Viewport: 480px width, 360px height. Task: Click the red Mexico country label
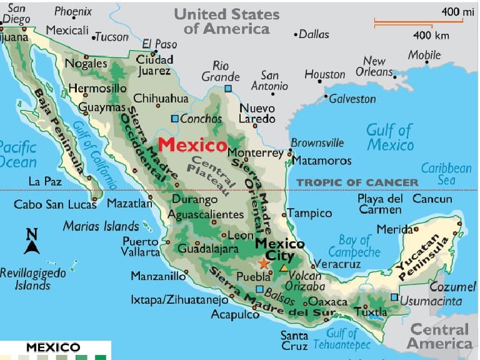pos(192,145)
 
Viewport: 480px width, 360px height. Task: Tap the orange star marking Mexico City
pos(263,264)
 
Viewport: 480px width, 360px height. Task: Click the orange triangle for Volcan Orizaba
pos(284,267)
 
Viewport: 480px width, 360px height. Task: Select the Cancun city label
pos(432,199)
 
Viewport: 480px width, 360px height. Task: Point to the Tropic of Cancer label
pos(357,182)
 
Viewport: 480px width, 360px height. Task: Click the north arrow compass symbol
pos(31,242)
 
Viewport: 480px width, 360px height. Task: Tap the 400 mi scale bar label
pos(458,11)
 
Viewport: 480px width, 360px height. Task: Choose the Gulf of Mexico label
pos(389,137)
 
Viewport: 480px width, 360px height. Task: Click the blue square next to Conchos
pos(175,119)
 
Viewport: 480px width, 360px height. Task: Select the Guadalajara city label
pos(208,248)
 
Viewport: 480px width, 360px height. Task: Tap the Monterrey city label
pos(255,152)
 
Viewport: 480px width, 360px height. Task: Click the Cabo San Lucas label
pos(55,204)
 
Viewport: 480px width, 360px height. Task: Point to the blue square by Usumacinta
pos(394,297)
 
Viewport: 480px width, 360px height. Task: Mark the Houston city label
pos(324,74)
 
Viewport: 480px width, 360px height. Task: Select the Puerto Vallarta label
pos(141,247)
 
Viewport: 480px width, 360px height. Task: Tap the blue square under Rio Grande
pos(228,89)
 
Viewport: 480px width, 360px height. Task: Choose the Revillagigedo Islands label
pos(32,279)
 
